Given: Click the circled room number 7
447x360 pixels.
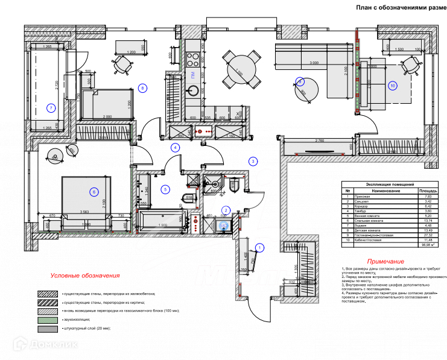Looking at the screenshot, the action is (x=51, y=109).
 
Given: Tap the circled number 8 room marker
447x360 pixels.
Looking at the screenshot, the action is (x=142, y=89).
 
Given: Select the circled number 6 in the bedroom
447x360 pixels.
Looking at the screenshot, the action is (x=94, y=192).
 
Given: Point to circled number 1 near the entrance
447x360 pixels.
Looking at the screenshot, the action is (x=260, y=247).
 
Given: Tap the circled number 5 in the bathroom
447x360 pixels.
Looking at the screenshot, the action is (x=165, y=189).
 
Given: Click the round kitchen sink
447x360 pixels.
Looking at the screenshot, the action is (x=194, y=90).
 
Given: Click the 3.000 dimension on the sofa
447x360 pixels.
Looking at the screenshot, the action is (x=314, y=63).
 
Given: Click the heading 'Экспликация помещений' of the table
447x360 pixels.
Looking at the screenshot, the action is (x=390, y=185).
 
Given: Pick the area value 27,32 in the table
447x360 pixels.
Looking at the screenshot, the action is (x=428, y=235).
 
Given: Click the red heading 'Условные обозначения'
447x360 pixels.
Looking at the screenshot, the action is (x=85, y=276).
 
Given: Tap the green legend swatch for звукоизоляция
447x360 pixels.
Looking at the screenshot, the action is (x=48, y=320).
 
